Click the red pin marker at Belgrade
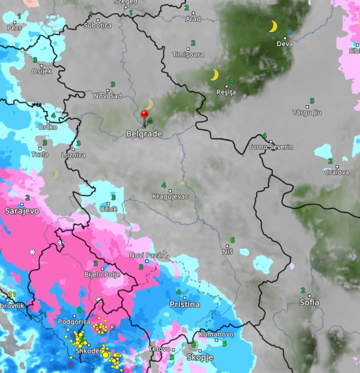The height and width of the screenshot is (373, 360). pos(144,114)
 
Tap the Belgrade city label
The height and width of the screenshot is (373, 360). pos(144,134)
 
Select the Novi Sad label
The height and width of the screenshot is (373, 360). pos(108,96)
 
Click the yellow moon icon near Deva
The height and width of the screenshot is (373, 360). pos(273,27)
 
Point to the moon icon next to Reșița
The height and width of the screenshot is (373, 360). pos(215,75)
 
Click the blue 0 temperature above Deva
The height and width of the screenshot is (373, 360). pos(290,32)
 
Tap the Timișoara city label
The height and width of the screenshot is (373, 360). pos(188,55)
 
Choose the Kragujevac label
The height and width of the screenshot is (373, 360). pos(170,197)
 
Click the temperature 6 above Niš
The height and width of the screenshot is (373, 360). pos(232,240)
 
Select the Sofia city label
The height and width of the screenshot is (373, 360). pos(309,303)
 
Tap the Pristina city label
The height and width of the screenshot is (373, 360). pos(185,304)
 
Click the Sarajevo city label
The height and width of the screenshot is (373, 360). pos(22,210)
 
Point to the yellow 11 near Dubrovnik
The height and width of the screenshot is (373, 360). pos(12,294)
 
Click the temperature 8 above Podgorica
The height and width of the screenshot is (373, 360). pos(79,310)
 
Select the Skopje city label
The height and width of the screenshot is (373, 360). pos(200,357)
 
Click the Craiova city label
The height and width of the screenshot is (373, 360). pos(337,172)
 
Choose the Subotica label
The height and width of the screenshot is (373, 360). pos(97,25)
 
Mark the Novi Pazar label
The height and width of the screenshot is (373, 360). pos(146,255)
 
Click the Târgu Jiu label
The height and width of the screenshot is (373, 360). pos(307,112)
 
